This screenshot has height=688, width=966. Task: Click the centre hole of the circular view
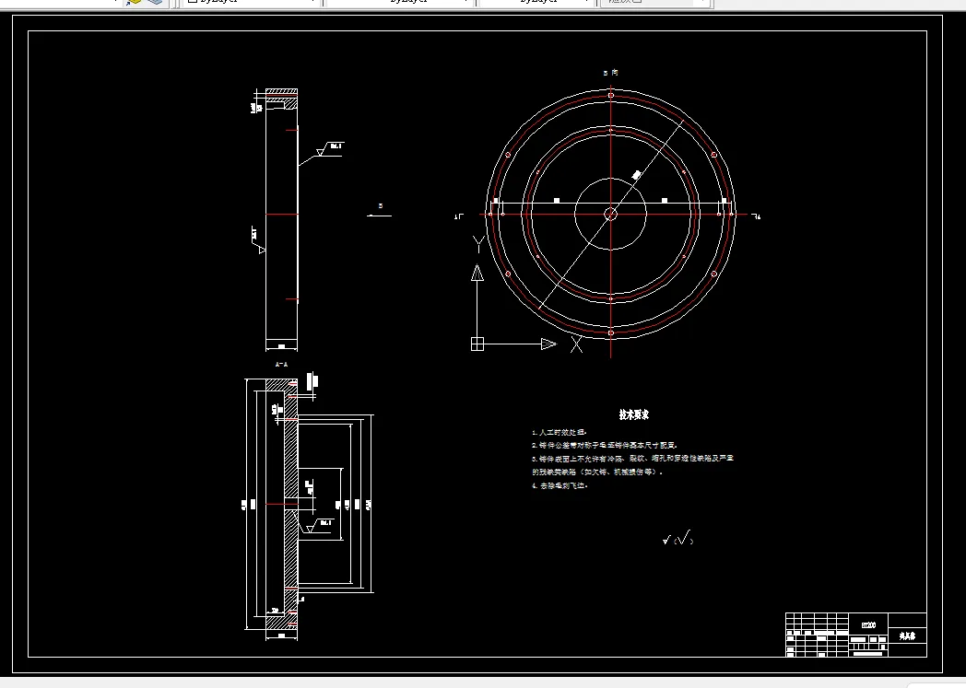(x=610, y=214)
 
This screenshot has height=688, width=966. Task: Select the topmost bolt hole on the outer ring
(x=610, y=95)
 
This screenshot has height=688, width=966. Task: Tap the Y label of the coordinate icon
(x=477, y=244)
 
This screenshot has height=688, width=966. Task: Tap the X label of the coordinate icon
(x=576, y=344)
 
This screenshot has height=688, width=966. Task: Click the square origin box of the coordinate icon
(x=477, y=344)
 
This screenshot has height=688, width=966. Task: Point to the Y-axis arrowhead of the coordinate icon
(x=477, y=274)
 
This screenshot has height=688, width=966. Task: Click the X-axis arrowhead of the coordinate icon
(x=548, y=344)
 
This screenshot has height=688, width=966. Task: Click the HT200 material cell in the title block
(x=868, y=624)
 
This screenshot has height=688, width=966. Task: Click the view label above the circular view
(x=610, y=72)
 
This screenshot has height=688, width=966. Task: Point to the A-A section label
(x=282, y=365)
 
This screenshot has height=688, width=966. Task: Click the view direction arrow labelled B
(x=379, y=213)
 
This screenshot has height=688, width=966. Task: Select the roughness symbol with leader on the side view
(x=328, y=148)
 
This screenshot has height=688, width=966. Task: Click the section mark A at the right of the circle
(x=757, y=216)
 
